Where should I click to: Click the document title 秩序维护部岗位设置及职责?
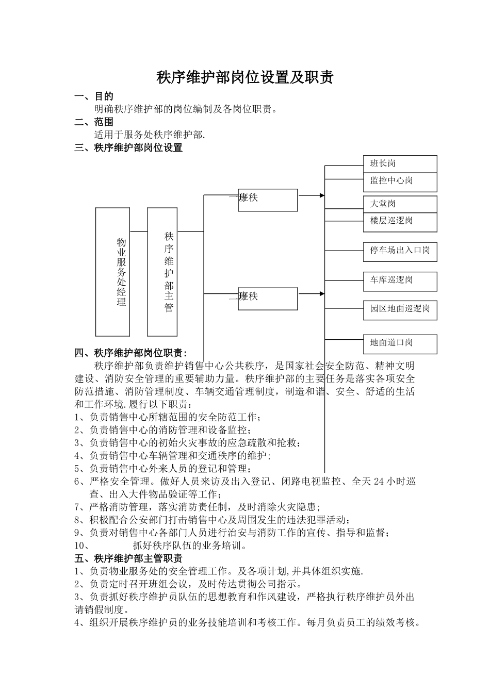pos(245,77)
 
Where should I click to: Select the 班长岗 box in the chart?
pos(400,164)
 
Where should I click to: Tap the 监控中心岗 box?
pos(400,181)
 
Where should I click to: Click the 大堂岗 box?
pos(400,204)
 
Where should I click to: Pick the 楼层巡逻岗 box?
pos(400,221)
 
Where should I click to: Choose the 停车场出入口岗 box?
pos(400,251)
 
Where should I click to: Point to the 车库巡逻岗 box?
pos(400,281)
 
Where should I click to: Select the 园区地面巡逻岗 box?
pos(400,309)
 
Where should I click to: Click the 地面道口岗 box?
pos(400,343)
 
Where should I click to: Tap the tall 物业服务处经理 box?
pos(112,272)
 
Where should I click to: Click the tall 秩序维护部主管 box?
pos(162,272)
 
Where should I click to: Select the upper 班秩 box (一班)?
pos(268,200)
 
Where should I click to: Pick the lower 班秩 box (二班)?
pos(268,299)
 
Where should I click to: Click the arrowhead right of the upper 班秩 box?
pos(322,195)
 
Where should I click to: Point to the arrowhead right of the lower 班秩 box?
pos(322,294)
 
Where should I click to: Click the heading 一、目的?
pos(94,96)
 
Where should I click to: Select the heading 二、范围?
pos(94,122)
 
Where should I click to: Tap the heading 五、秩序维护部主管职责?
pos(128,558)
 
